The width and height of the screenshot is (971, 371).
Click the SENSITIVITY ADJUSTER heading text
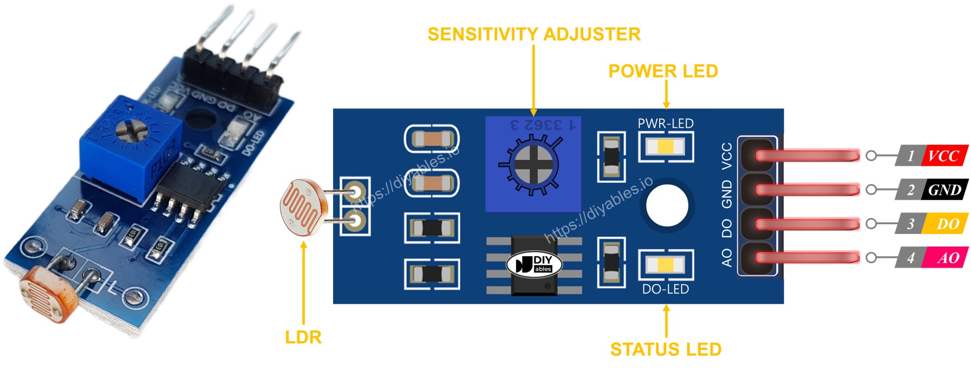(x=534, y=34)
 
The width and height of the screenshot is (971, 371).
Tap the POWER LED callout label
(x=663, y=71)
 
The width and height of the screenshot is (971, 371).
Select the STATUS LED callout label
(x=666, y=349)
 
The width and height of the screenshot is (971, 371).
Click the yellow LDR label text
(x=303, y=337)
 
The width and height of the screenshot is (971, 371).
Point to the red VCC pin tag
(x=944, y=156)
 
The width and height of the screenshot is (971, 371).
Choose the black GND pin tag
(x=945, y=190)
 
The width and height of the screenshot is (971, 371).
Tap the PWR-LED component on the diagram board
(x=666, y=147)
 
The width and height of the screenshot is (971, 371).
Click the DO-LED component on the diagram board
(x=666, y=265)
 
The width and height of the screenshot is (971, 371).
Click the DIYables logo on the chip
(x=534, y=264)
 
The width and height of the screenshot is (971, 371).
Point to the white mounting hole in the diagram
(x=667, y=206)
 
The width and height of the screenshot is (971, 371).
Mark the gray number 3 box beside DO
(x=910, y=224)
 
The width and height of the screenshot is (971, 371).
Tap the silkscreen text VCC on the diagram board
(x=727, y=155)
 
